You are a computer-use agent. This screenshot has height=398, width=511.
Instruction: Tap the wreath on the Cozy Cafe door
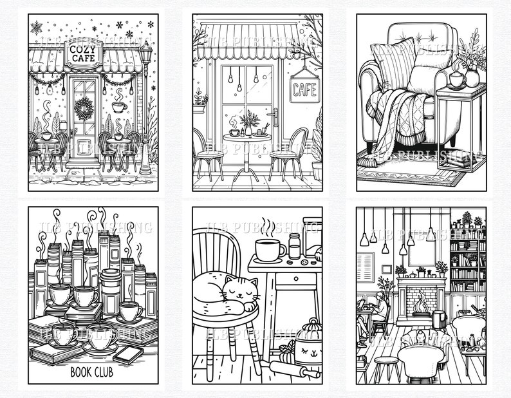84,109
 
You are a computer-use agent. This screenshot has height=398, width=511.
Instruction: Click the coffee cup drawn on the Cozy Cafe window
118,106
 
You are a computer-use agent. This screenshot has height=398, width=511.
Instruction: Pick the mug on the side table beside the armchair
457,80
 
